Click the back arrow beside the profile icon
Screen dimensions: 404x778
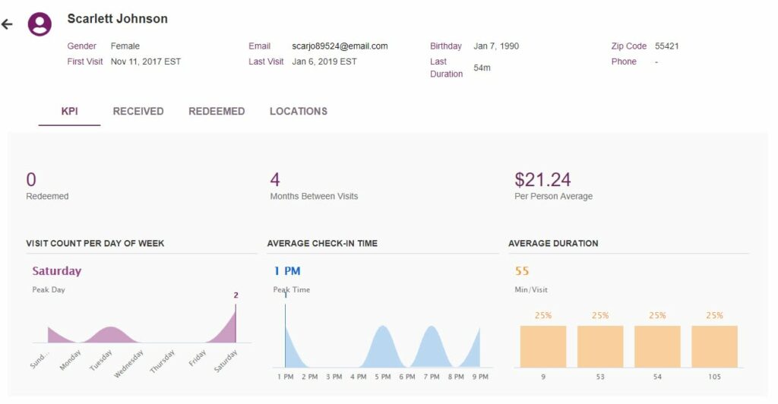pyautogui.click(x=8, y=24)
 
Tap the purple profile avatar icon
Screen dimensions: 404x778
pyautogui.click(x=40, y=24)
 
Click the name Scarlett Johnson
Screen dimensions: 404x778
pyautogui.click(x=117, y=19)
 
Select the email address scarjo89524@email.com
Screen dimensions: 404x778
pyautogui.click(x=340, y=46)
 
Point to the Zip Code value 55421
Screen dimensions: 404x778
pyautogui.click(x=666, y=46)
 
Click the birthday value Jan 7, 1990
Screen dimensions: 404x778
pyautogui.click(x=496, y=46)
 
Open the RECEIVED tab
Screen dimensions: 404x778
pyautogui.click(x=138, y=112)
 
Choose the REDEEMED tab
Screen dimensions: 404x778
pyautogui.click(x=217, y=112)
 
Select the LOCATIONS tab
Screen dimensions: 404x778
pyautogui.click(x=299, y=112)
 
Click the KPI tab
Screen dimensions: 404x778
pyautogui.click(x=69, y=112)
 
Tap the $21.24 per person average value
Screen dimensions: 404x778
pyautogui.click(x=542, y=180)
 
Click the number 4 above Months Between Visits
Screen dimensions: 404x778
pyautogui.click(x=275, y=180)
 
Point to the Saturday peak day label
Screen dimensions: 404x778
pyautogui.click(x=56, y=271)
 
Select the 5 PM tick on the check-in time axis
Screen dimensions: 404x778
pyautogui.click(x=382, y=377)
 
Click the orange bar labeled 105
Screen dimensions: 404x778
pyautogui.click(x=714, y=347)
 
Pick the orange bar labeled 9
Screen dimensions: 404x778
pyautogui.click(x=543, y=347)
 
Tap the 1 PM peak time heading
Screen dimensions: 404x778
pyautogui.click(x=287, y=271)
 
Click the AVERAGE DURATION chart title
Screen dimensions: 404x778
pyautogui.click(x=553, y=244)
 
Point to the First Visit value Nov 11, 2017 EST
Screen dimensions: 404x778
pyautogui.click(x=145, y=62)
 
